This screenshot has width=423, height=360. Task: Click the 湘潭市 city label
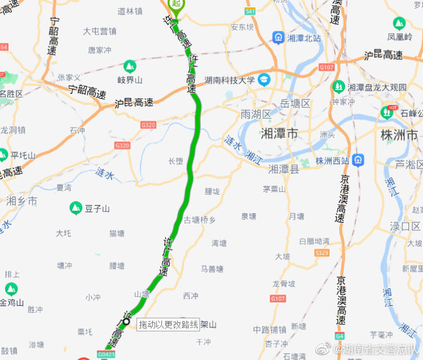pyautogui.click(x=279, y=134)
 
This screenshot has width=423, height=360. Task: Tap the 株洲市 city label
pyautogui.click(x=399, y=135)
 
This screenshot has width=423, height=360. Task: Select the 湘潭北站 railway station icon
pyautogui.click(x=278, y=38)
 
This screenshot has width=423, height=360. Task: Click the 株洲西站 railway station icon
pyautogui.click(x=357, y=160)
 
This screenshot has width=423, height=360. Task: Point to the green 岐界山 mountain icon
pyautogui.click(x=129, y=66)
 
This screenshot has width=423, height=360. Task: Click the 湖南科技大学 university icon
pyautogui.click(x=264, y=80)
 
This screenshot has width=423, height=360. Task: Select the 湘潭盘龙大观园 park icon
pyautogui.click(x=339, y=87)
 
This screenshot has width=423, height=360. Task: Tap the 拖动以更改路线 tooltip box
pyautogui.click(x=168, y=325)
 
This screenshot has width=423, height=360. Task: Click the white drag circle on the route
pyautogui.click(x=127, y=323)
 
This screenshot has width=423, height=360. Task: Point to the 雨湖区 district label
pyautogui.click(x=256, y=114)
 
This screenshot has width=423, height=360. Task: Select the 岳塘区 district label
pyautogui.click(x=295, y=104)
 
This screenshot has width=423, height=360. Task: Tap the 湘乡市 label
pyautogui.click(x=22, y=201)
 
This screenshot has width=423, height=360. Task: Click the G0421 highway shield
pyautogui.click(x=107, y=354)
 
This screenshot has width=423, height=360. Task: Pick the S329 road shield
pyautogui.click(x=322, y=252)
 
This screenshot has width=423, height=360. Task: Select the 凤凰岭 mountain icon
pyautogui.click(x=399, y=24)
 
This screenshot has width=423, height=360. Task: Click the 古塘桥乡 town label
pyautogui.click(x=200, y=219)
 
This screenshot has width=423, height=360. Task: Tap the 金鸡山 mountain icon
pyautogui.click(x=11, y=289)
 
